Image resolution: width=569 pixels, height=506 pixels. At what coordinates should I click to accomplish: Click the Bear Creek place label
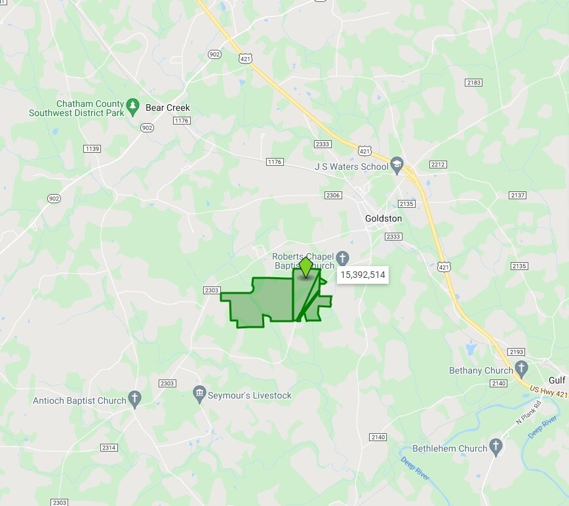tap(167, 107)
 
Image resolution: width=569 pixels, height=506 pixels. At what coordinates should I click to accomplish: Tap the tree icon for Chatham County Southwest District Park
tap(133, 105)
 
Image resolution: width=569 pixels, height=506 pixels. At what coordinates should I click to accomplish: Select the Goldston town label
tap(383, 218)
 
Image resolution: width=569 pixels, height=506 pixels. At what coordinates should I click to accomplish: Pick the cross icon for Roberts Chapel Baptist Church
tap(343, 256)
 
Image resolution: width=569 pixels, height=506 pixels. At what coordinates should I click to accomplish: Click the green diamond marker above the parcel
tap(305, 267)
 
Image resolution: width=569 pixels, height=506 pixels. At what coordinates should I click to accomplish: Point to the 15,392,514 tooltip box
tap(363, 275)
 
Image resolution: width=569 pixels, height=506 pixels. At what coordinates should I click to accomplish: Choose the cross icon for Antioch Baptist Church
tap(134, 397)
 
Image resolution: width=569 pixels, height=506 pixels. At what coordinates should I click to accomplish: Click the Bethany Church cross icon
tap(521, 367)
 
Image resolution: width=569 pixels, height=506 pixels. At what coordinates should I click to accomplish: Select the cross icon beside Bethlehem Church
tap(496, 446)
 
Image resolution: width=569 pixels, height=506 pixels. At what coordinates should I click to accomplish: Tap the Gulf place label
tap(557, 380)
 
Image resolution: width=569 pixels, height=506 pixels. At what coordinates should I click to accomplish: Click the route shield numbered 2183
tap(473, 82)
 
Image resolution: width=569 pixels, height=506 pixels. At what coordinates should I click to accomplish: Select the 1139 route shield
tap(92, 149)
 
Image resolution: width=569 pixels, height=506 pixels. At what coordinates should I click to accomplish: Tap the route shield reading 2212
tap(438, 164)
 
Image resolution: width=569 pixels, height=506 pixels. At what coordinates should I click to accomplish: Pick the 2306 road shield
tap(333, 195)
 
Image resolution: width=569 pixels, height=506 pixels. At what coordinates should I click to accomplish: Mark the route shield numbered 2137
tap(518, 195)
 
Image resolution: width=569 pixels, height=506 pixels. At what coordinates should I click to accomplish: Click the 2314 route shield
tap(109, 447)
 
